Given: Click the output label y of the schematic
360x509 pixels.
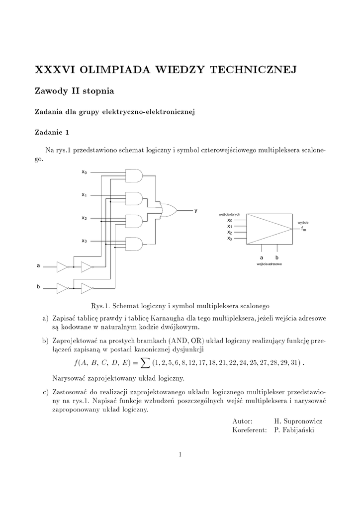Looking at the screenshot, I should point(196,211).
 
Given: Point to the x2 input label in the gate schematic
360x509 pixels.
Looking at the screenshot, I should point(85,218).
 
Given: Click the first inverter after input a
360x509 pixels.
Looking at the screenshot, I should point(62,267).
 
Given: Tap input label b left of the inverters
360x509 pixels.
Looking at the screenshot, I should point(38,287).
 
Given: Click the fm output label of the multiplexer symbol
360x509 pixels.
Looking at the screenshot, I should point(303,229).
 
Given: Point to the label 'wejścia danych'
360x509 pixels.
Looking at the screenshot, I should point(229,214).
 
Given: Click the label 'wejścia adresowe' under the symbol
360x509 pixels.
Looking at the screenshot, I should point(270,264).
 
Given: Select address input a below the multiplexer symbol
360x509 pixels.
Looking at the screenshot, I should point(262,257).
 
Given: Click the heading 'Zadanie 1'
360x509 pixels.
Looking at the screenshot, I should point(52,132).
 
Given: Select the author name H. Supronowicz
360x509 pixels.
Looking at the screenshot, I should point(295,421).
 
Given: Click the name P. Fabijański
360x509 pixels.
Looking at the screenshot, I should point(294,429).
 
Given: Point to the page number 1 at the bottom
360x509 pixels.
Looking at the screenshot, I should point(180,454).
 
